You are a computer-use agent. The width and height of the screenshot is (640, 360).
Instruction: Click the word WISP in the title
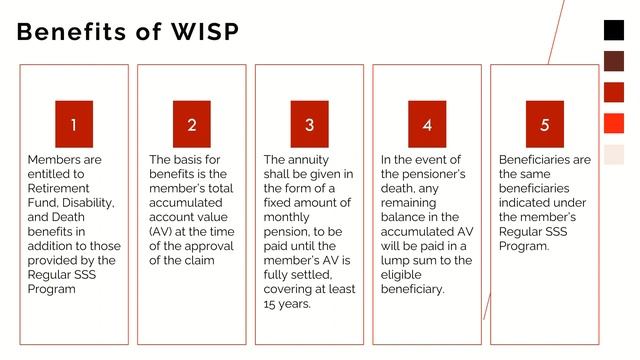tap(202, 32)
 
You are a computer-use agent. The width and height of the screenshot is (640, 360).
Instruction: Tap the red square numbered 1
tap(73, 124)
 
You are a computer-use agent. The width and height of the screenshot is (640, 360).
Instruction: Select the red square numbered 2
tap(191, 124)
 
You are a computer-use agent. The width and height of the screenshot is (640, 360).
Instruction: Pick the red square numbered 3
tap(309, 124)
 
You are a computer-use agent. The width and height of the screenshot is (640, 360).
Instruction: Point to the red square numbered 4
tap(427, 124)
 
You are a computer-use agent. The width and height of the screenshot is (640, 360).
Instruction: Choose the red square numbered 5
tap(545, 124)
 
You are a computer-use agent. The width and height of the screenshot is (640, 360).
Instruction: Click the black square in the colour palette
tap(614, 30)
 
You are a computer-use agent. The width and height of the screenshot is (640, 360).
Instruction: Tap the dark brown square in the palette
tap(614, 61)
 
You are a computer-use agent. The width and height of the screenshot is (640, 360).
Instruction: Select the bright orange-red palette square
tap(614, 123)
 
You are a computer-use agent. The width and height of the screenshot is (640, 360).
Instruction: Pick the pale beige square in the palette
tap(614, 154)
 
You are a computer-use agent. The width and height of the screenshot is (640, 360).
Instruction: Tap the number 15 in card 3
tap(272, 304)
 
